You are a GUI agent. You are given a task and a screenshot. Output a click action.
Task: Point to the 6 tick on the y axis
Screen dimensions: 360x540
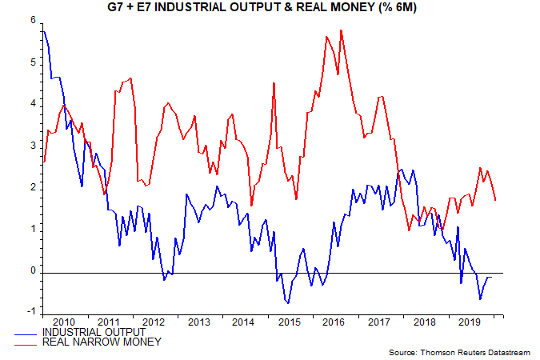coord(33,20)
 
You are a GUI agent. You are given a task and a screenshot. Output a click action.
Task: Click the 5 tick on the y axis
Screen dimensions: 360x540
coord(33,62)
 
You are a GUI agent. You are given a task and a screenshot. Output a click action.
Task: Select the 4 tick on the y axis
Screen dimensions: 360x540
coord(33,104)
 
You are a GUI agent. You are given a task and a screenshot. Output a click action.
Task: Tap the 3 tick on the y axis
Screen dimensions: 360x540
coord(33,146)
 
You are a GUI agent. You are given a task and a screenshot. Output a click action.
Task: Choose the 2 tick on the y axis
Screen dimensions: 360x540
coord(33,188)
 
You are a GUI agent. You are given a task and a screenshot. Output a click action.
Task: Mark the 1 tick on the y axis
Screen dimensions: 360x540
coord(33,230)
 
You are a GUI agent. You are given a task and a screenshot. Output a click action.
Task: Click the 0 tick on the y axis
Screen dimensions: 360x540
coord(33,272)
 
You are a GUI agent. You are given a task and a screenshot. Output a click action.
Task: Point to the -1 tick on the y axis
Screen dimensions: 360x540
coord(30,314)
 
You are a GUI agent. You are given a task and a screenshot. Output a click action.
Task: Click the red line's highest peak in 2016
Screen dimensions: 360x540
coord(342,30)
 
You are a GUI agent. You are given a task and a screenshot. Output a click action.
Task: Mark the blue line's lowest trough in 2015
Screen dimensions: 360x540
coord(288,302)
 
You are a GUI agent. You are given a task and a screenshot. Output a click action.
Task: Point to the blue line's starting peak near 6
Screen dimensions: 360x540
coord(43,31)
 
